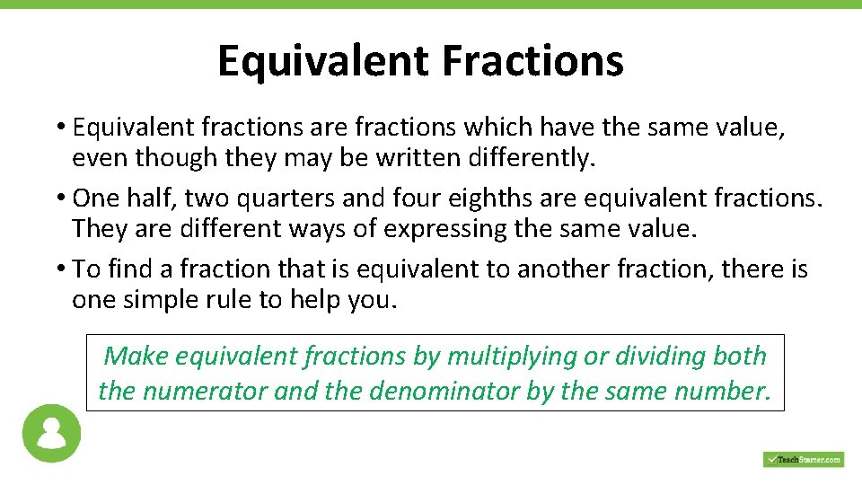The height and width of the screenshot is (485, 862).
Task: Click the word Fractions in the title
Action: tap(532, 61)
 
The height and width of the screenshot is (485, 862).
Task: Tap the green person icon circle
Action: tap(51, 433)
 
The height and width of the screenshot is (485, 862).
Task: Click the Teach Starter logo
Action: tap(804, 459)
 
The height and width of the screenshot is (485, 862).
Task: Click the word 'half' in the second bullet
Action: tap(148, 198)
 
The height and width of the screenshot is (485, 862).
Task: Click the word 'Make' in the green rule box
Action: tap(136, 357)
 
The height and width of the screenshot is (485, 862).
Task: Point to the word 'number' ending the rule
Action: tap(722, 392)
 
